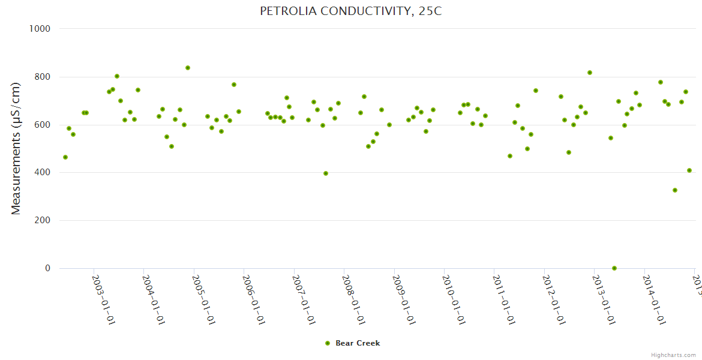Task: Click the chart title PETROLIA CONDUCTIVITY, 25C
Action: [x=351, y=11]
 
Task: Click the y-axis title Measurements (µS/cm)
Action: [x=16, y=148]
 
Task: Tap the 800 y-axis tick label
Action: [x=41, y=77]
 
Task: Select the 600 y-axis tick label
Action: [x=41, y=125]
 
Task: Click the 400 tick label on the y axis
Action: [x=41, y=173]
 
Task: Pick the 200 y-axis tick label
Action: [x=41, y=221]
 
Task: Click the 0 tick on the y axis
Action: [x=47, y=268]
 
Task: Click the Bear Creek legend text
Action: [x=358, y=343]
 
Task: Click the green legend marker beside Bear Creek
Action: [x=328, y=343]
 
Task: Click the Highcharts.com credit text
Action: [x=674, y=355]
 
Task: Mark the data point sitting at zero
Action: [x=614, y=268]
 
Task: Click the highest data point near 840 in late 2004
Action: [x=188, y=68]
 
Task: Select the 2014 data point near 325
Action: [x=675, y=190]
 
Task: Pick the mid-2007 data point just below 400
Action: [x=326, y=173]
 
